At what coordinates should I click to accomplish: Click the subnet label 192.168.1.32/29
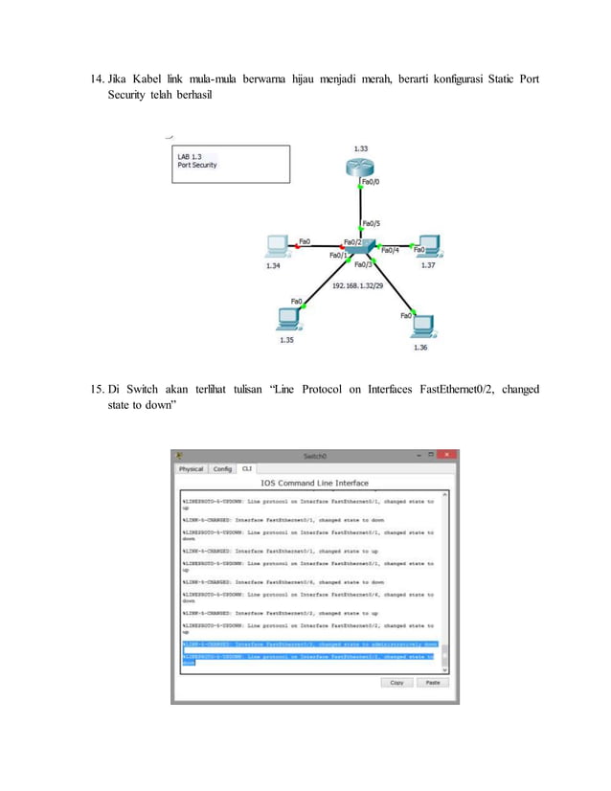(360, 285)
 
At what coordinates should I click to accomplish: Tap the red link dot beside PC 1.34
(299, 247)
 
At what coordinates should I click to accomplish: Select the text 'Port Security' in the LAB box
(197, 165)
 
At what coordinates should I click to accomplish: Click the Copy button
(396, 683)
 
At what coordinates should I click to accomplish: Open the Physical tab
(191, 469)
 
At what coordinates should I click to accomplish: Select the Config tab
(222, 469)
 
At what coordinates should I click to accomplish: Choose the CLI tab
(247, 469)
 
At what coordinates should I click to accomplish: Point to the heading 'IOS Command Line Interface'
(314, 483)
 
